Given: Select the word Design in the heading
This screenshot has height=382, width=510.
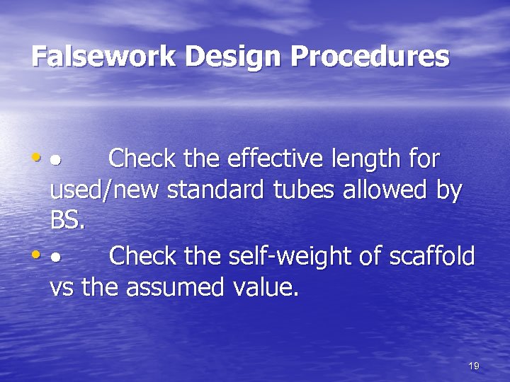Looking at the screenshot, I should [x=210, y=57].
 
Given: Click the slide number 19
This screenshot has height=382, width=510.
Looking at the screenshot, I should [x=474, y=366].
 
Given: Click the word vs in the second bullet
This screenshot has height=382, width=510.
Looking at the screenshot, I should [x=62, y=288].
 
